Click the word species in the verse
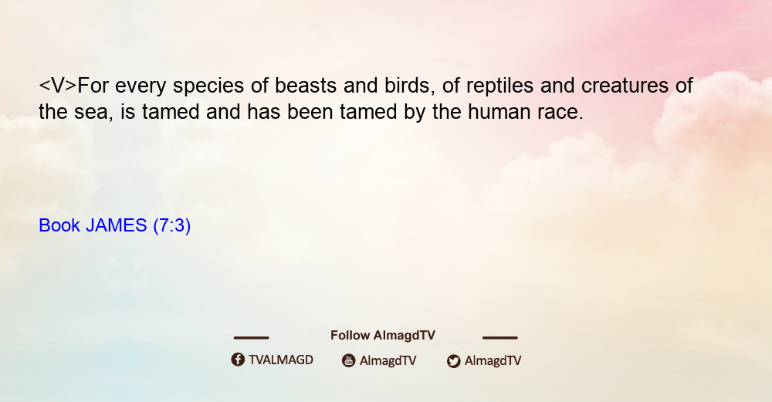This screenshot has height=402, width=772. click(x=208, y=86)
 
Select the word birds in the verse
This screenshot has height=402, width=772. click(x=410, y=86)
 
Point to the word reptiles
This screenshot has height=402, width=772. click(x=499, y=86)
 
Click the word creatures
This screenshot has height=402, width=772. click(x=625, y=86)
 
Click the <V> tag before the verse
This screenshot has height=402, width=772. click(x=58, y=86)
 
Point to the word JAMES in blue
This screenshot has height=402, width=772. click(x=117, y=225)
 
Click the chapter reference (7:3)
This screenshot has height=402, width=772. click(x=172, y=226)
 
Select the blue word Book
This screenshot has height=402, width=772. click(x=59, y=225)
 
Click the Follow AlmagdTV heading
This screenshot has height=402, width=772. click(x=383, y=336)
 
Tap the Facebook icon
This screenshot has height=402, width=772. click(x=238, y=360)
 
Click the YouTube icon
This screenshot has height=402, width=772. click(x=349, y=360)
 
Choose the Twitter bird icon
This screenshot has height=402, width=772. click(x=453, y=361)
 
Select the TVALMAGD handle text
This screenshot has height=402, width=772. click(x=281, y=360)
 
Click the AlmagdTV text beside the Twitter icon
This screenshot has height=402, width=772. click(x=493, y=361)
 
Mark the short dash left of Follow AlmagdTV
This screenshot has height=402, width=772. click(x=251, y=338)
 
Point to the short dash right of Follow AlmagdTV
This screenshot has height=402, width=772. click(x=499, y=338)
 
